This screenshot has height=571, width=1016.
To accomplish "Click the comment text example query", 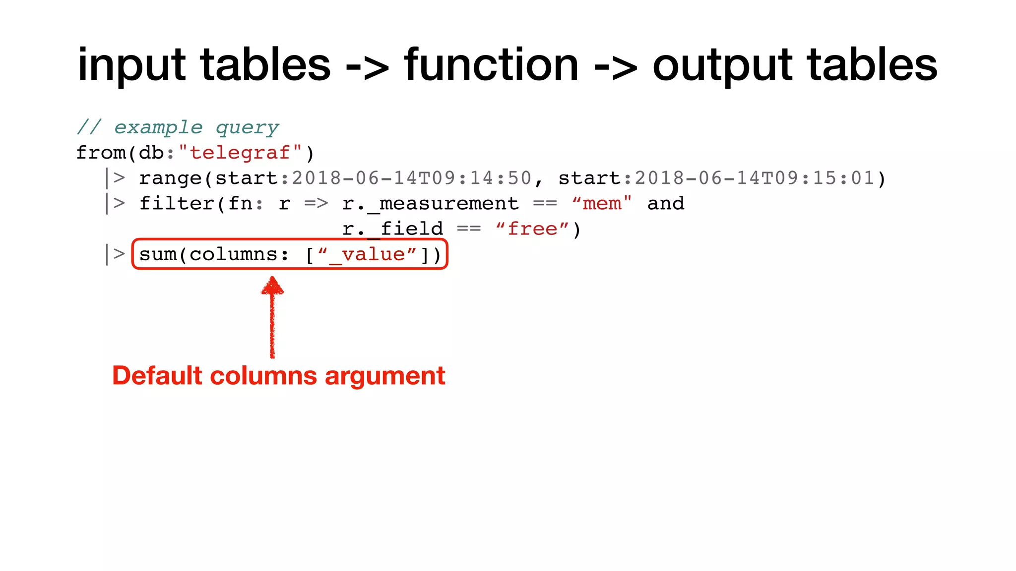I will pyautogui.click(x=196, y=128).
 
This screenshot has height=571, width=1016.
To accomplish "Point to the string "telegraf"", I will pyautogui.click(x=240, y=153).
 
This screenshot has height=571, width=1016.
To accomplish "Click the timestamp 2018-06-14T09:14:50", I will pyautogui.click(x=411, y=178).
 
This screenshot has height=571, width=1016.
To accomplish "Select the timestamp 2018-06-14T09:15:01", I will pyautogui.click(x=755, y=178).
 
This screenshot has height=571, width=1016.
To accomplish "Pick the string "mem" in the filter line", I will pyautogui.click(x=602, y=204).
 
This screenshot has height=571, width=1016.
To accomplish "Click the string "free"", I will pyautogui.click(x=532, y=229).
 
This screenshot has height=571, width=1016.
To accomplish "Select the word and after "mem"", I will pyautogui.click(x=666, y=204).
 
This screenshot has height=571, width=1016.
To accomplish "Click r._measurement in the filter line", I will pyautogui.click(x=430, y=204).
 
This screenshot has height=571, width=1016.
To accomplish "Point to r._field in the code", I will pyautogui.click(x=392, y=229).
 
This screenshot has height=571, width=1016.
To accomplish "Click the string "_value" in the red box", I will pyautogui.click(x=367, y=255).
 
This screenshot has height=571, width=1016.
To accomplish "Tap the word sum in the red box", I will pyautogui.click(x=158, y=255).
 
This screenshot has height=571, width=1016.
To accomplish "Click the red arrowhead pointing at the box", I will pyautogui.click(x=272, y=286).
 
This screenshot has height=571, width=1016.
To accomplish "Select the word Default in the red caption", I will pyautogui.click(x=157, y=376).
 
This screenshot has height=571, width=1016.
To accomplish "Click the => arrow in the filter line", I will pyautogui.click(x=316, y=204).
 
